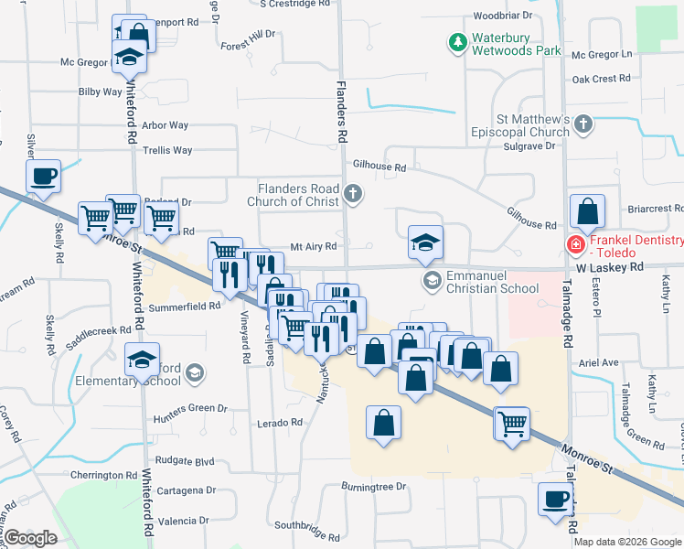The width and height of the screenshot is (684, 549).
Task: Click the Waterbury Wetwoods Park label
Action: [515, 45]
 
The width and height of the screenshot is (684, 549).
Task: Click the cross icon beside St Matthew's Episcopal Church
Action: [584, 123]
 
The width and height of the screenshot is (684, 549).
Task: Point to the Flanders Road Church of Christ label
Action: [298, 195]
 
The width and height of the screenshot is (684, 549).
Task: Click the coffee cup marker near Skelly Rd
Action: [43, 176]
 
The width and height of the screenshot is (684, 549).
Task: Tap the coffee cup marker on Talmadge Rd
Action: [555, 500]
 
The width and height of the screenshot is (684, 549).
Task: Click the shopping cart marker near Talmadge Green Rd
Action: [512, 423]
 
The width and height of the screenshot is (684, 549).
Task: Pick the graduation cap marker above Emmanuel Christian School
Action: [425, 242]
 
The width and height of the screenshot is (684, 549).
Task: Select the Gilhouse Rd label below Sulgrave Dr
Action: [379, 167]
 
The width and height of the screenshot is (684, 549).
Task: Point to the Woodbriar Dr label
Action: [502, 16]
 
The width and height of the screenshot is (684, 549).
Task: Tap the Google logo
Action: [30, 537]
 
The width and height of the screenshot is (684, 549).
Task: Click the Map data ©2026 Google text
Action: [627, 542]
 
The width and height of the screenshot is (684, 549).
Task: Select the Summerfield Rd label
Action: [184, 306]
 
